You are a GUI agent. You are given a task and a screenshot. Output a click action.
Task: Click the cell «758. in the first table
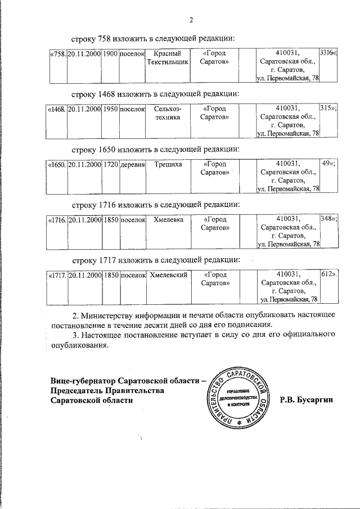click(58, 53)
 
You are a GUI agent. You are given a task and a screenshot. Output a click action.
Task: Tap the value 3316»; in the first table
click(328, 53)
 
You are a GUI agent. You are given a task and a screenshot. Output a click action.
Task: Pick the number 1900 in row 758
click(110, 53)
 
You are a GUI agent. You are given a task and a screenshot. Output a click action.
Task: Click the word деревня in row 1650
click(133, 164)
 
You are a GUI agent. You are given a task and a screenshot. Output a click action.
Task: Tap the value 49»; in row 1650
click(328, 164)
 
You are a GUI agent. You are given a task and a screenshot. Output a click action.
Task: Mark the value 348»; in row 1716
click(328, 219)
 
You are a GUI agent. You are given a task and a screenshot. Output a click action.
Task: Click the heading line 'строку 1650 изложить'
click(156, 148)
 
